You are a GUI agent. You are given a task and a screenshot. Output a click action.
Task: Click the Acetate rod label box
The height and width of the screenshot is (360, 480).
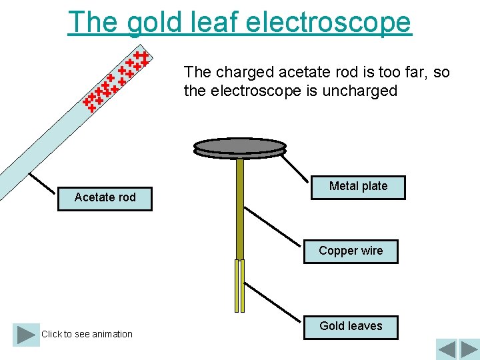(x=105, y=197)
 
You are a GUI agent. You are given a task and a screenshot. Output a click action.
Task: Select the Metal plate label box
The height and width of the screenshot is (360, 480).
(x=358, y=186)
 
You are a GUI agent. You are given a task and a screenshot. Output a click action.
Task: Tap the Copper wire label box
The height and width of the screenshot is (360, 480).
(x=351, y=251)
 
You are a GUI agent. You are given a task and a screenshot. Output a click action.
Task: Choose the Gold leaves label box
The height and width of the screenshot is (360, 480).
(x=351, y=326)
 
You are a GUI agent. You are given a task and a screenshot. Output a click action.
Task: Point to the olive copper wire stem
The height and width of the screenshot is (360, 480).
(x=240, y=207)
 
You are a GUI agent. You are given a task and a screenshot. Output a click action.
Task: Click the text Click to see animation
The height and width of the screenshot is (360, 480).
(x=87, y=334)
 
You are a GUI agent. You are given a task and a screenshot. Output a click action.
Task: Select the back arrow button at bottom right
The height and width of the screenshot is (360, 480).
(x=447, y=349)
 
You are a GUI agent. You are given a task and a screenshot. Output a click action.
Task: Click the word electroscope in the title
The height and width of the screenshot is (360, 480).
(x=329, y=22)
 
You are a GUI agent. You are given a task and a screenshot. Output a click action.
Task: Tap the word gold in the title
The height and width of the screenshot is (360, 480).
(x=148, y=22)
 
